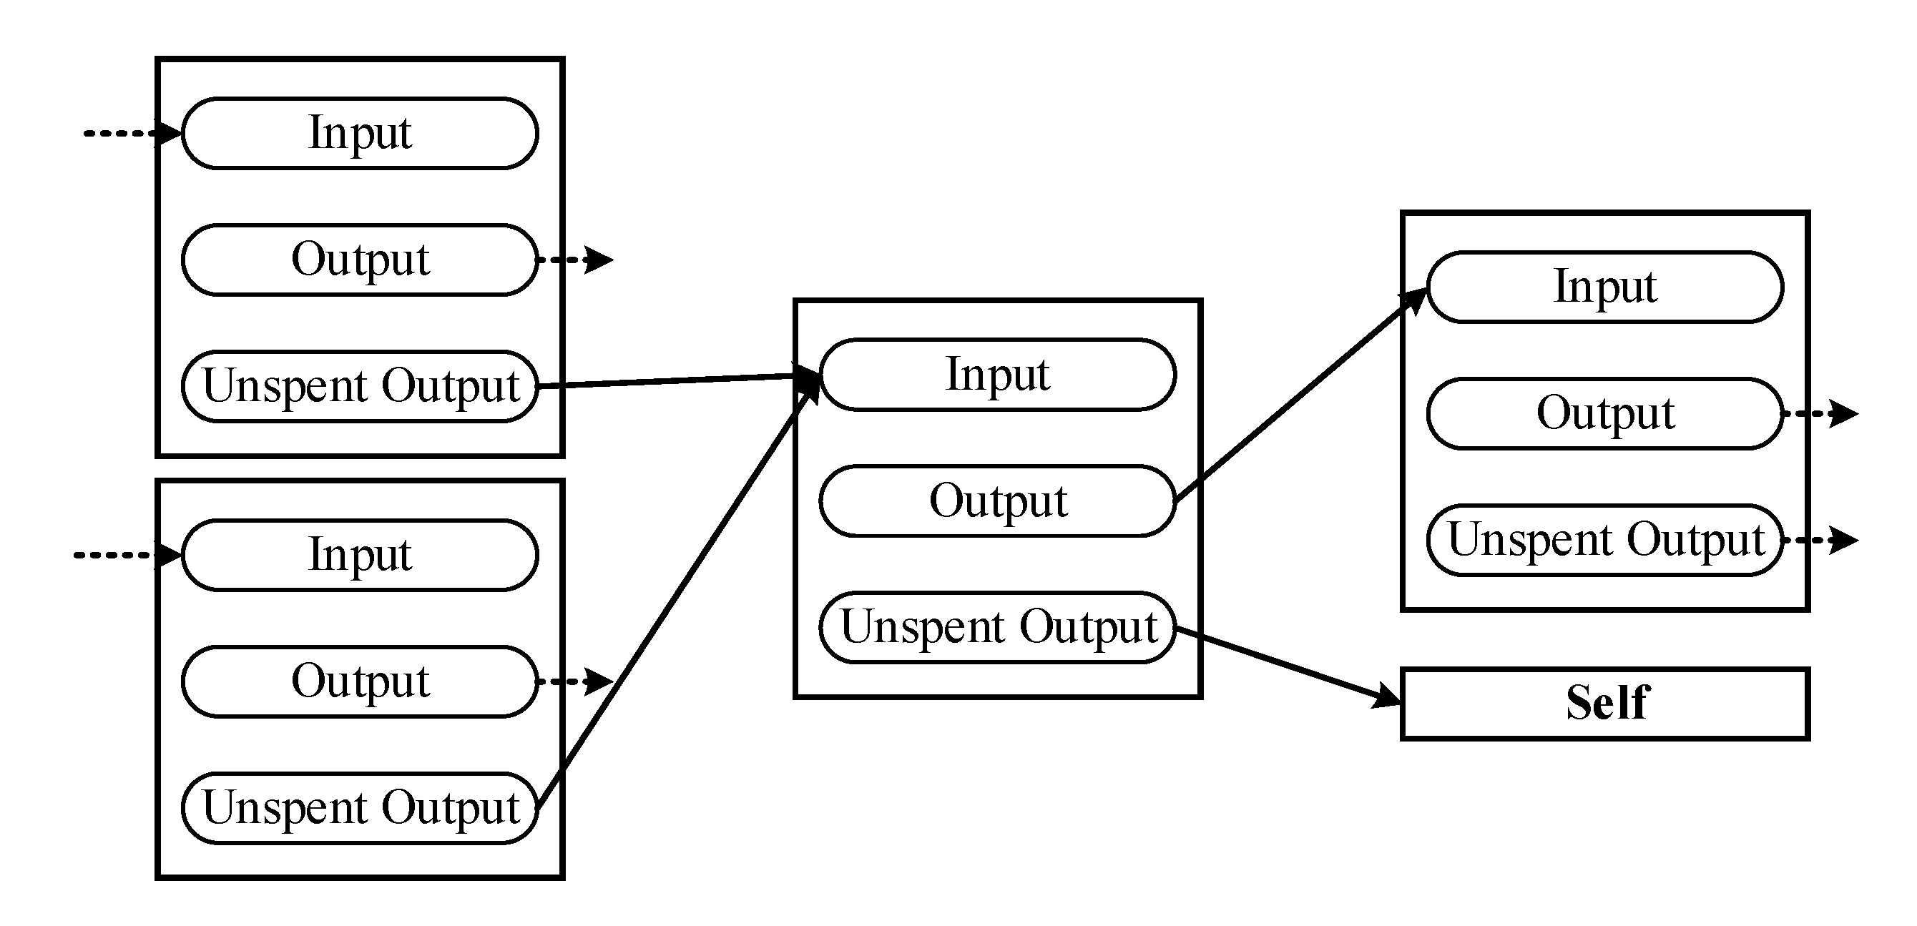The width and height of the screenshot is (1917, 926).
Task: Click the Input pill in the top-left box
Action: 359,133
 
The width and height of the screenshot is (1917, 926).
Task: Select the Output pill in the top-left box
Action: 359,260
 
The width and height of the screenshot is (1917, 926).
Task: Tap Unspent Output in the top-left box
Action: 359,386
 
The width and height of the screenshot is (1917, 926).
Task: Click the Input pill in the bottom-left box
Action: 359,555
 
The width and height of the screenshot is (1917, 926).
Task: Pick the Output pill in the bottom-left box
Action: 359,681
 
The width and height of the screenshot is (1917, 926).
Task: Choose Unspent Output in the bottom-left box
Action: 359,808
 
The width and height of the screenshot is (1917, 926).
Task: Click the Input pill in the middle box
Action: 997,374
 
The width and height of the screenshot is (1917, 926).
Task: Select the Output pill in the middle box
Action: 997,501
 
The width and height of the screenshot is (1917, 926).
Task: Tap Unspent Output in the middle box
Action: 997,627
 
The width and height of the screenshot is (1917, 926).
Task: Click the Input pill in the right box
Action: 1605,287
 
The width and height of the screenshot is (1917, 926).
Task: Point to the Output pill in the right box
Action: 1605,413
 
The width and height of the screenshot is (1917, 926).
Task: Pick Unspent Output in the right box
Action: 1605,540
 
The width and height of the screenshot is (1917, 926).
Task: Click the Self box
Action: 1605,704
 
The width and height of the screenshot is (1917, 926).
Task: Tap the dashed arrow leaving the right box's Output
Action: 1820,413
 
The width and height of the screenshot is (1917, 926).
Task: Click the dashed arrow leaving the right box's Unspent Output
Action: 1820,540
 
